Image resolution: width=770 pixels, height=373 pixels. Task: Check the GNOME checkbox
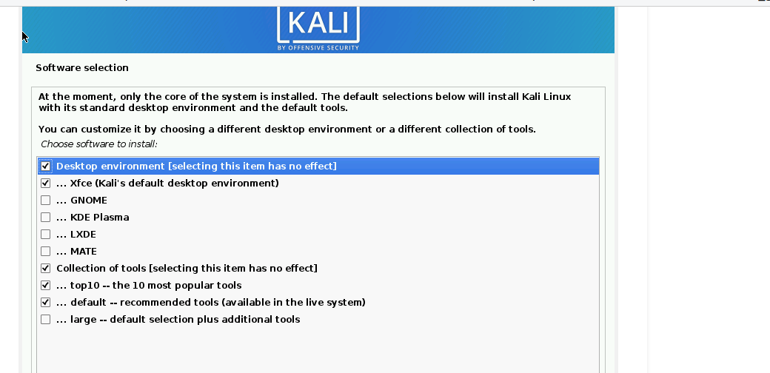(45, 201)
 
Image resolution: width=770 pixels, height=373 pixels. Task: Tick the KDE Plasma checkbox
(45, 217)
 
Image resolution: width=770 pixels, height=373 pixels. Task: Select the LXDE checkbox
(45, 234)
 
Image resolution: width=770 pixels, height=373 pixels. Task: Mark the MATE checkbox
(45, 252)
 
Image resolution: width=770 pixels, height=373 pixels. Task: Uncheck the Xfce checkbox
(45, 183)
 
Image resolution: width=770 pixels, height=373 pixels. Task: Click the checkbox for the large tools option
(45, 320)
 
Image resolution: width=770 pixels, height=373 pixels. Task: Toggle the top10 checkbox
(45, 285)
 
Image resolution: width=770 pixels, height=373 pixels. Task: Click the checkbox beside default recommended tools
(45, 303)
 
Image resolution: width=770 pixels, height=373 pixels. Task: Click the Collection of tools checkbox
(45, 269)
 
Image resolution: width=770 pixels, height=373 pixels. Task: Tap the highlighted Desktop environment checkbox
(45, 166)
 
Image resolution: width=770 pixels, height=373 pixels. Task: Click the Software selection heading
(82, 68)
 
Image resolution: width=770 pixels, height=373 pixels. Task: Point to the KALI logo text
(318, 23)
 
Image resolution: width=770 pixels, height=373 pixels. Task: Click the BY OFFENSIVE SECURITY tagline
(318, 47)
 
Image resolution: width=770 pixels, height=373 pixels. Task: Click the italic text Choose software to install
(98, 144)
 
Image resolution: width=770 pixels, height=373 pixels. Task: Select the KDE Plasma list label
(100, 217)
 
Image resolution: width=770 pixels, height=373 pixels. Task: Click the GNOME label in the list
(88, 201)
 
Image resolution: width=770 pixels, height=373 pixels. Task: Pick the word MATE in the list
(84, 252)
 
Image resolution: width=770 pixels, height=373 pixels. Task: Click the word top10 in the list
(85, 286)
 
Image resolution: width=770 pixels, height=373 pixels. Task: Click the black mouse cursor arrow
(25, 37)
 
